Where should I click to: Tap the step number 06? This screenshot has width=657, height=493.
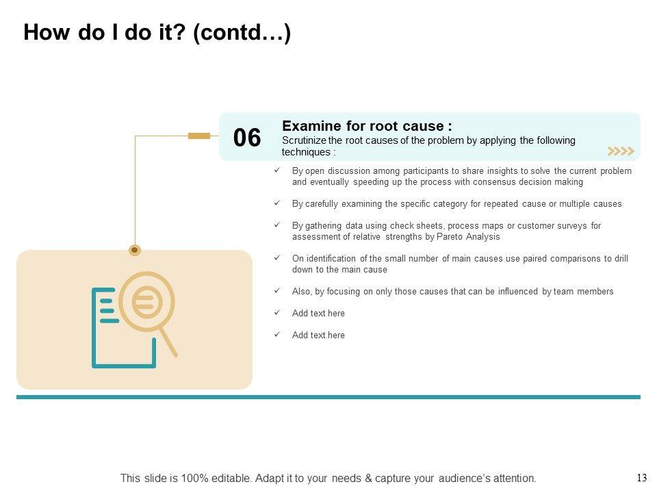pyautogui.click(x=247, y=138)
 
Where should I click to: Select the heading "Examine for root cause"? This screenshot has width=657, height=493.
pyautogui.click(x=366, y=126)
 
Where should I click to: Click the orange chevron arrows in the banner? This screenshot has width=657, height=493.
pyautogui.click(x=621, y=151)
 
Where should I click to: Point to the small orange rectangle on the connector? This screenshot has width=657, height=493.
pyautogui.click(x=199, y=136)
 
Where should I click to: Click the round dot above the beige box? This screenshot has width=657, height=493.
pyautogui.click(x=135, y=250)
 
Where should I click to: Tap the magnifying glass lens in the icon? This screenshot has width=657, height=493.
pyautogui.click(x=146, y=301)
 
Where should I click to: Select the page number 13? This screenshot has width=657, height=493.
pyautogui.click(x=641, y=478)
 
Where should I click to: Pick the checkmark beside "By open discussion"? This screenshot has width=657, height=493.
pyautogui.click(x=276, y=170)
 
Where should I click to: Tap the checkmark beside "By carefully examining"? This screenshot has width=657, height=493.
pyautogui.click(x=276, y=203)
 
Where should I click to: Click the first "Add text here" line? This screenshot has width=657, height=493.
pyautogui.click(x=318, y=314)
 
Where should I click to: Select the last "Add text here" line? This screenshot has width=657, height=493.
pyautogui.click(x=318, y=336)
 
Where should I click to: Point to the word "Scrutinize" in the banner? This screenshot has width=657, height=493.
pyautogui.click(x=303, y=140)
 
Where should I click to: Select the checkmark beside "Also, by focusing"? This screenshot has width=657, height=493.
pyautogui.click(x=276, y=291)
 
